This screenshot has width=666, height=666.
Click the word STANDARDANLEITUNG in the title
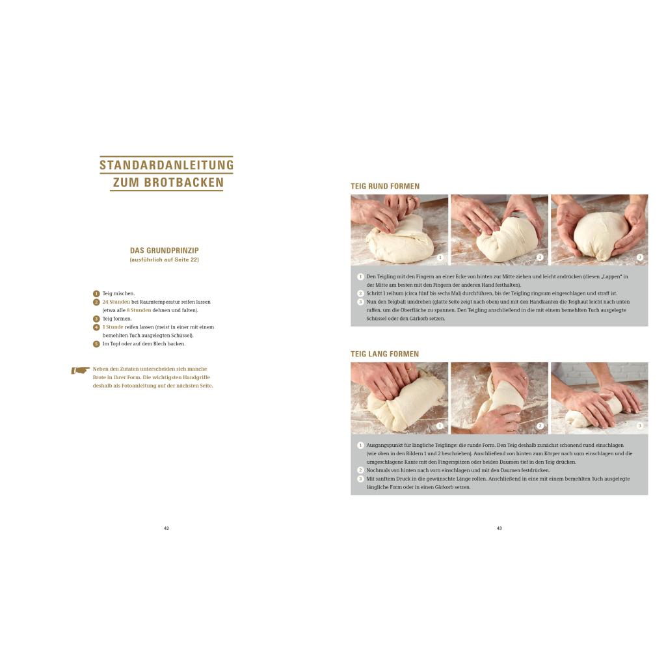[166, 165]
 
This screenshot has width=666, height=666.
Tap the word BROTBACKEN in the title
[184, 182]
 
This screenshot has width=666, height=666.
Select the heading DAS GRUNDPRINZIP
[165, 250]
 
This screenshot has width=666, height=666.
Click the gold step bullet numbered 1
[96, 293]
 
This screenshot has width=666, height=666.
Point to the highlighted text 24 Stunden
[116, 302]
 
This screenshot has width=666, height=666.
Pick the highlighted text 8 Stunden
[139, 310]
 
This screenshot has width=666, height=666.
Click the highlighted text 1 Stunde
[113, 327]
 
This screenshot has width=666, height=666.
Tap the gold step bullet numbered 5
[96, 344]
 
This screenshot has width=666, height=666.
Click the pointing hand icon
[80, 370]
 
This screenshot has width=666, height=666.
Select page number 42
[166, 528]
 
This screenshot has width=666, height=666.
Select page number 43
[499, 528]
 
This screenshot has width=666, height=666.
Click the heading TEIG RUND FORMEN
[385, 186]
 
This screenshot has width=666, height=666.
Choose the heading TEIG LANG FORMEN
[384, 354]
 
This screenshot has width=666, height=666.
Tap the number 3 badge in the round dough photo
[640, 257]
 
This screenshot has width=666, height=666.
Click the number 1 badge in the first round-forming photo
[440, 258]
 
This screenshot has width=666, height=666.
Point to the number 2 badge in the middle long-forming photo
[540, 425]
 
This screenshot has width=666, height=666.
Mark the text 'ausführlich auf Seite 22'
[165, 260]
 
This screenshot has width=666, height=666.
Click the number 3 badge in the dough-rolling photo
[640, 425]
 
